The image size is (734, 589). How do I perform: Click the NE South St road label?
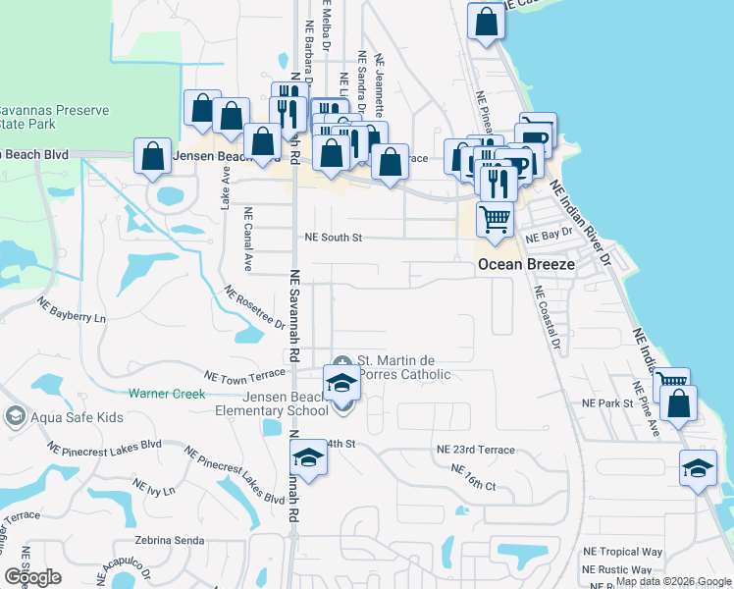pyautogui.click(x=334, y=238)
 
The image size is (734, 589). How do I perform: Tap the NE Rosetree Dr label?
pyautogui.click(x=254, y=307)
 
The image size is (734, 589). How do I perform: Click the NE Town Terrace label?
pyautogui.click(x=243, y=376)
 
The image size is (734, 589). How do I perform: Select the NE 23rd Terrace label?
pyautogui.click(x=475, y=449)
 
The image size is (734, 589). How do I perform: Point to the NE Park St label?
pyautogui.click(x=607, y=403)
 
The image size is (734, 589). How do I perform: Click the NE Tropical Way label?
pyautogui.click(x=622, y=553)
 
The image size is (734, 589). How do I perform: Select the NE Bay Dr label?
pyautogui.click(x=549, y=238)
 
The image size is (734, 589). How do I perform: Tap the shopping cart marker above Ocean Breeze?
pyautogui.click(x=495, y=220)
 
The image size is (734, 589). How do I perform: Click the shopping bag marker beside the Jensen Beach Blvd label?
pyautogui.click(x=152, y=157)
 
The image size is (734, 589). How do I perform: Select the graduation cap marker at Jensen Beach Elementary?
pyautogui.click(x=341, y=382)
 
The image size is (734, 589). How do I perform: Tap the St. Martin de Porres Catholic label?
pyautogui.click(x=402, y=367)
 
